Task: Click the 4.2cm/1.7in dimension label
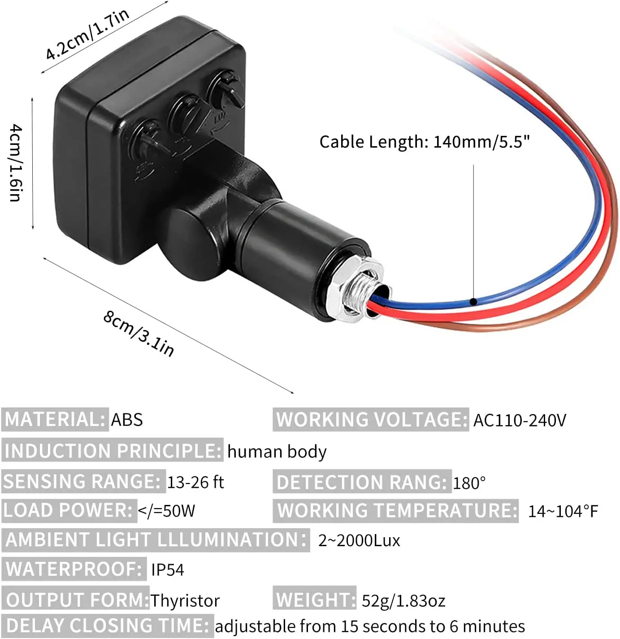point(87,34)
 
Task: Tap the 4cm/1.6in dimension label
point(15,163)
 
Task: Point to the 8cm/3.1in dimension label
point(139,333)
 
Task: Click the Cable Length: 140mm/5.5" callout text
point(424,142)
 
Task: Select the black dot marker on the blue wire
point(473,301)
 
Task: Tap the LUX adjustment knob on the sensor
point(227,90)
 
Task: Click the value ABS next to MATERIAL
point(127,420)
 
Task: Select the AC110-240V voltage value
point(520,420)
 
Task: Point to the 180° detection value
point(469,483)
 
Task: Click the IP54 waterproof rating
point(168,569)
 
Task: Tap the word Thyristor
point(185,600)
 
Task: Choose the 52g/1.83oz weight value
point(403,600)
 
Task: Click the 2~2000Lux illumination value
point(359,540)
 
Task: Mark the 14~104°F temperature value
point(563,511)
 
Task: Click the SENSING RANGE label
point(82,482)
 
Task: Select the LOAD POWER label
point(69,510)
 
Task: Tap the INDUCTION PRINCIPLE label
point(112,451)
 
